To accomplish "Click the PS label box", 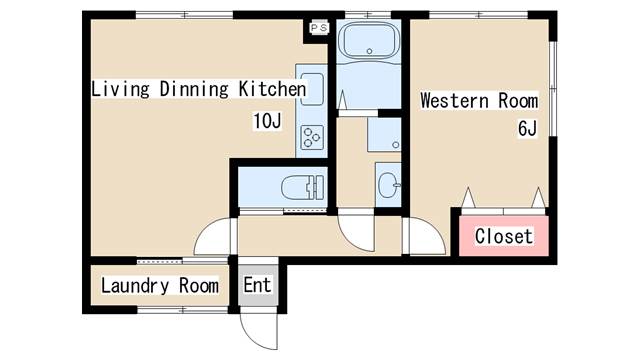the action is click(x=319, y=28).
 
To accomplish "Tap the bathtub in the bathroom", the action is click(x=369, y=40).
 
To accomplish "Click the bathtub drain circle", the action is click(x=369, y=51).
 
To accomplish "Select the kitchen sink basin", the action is click(x=312, y=89).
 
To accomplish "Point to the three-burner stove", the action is click(x=312, y=138).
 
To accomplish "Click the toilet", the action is click(x=303, y=188).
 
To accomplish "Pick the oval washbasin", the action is click(x=388, y=185).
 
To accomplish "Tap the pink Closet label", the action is click(x=504, y=236).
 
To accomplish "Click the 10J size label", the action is click(x=267, y=121).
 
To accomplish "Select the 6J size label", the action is click(x=527, y=129).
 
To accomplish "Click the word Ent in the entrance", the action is click(x=257, y=285).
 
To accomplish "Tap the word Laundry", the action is click(x=135, y=285).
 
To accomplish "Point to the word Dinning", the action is click(x=194, y=89).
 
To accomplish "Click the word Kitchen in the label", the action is click(x=272, y=89).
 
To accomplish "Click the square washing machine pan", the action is click(x=384, y=135).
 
